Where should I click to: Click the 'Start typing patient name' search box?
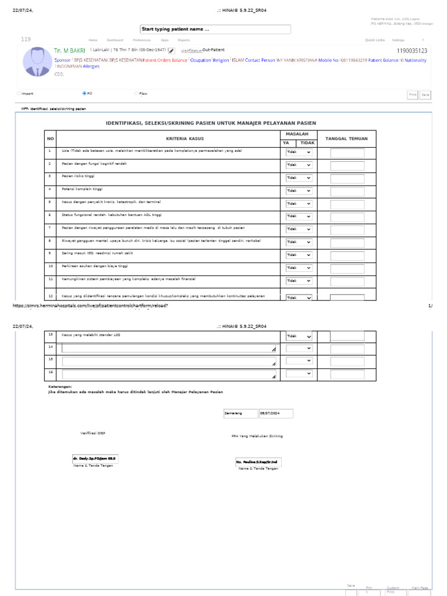[215, 30]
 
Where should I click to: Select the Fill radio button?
[84, 93]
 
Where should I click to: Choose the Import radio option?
[18, 93]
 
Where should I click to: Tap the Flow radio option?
[136, 93]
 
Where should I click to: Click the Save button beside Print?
[425, 94]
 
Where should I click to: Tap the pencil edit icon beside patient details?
[172, 51]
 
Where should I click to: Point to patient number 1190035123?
[411, 51]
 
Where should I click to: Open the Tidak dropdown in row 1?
[299, 152]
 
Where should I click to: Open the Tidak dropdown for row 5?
[299, 204]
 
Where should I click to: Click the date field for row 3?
[347, 178]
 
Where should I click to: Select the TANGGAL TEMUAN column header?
[346, 139]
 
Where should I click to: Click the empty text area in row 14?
[169, 349]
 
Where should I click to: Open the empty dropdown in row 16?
[299, 374]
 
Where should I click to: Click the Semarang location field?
[240, 414]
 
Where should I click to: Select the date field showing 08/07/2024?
[276, 414]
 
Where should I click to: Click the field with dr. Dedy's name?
[95, 459]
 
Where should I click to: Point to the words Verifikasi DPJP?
[93, 434]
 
